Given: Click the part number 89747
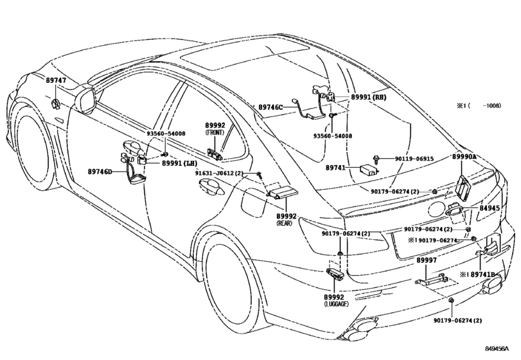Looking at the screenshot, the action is tap(56, 80).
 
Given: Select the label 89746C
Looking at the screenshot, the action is tap(270, 107).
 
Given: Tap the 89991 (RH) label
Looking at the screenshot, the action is tap(369, 97).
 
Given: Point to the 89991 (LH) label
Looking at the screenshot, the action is tap(179, 163).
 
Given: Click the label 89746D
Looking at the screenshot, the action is tap(100, 172).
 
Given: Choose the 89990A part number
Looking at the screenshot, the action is tap(464, 157).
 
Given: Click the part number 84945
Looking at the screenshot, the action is tap(490, 208).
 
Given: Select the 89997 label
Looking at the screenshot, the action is tap(427, 260).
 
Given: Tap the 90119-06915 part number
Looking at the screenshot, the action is tap(414, 159).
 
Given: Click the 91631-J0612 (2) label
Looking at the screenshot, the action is tap(219, 173).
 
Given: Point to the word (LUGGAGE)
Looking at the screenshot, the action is tap(336, 304).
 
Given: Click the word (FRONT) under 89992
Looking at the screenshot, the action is tap(215, 132).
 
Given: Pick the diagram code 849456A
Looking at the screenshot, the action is tap(497, 348).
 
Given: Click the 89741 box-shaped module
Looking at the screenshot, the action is tap(369, 169).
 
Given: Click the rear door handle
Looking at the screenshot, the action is tap(211, 186).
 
